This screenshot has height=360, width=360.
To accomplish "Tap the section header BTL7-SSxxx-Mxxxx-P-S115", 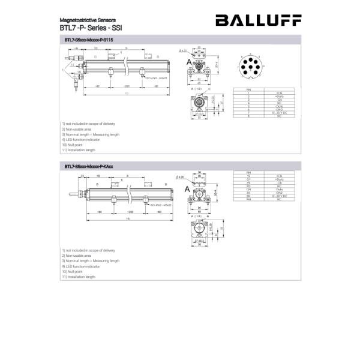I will click(88, 40).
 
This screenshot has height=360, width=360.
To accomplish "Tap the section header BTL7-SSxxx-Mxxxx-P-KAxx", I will click(89, 166).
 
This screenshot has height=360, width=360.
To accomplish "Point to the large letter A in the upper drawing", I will click(188, 63).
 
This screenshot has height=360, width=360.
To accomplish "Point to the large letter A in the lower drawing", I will click(188, 190).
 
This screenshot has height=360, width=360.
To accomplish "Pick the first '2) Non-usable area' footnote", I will click(76, 129).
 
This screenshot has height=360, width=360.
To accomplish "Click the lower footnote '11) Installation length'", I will click(78, 277).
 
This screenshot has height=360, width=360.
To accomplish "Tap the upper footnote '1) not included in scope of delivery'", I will click(88, 124).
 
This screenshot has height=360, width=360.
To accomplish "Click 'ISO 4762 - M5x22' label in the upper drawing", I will click(155, 78).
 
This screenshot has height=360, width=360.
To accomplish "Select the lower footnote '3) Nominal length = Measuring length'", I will click(91, 261).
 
